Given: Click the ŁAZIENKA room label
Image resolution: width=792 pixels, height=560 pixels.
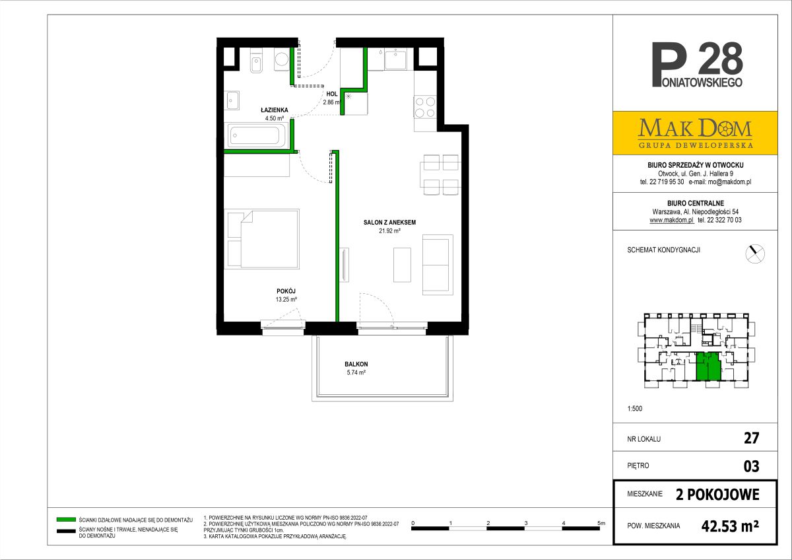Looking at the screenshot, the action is click(x=275, y=110).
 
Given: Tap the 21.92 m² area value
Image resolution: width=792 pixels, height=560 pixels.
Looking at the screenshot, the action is click(x=389, y=231).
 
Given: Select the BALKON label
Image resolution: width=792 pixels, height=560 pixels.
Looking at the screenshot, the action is click(x=356, y=364).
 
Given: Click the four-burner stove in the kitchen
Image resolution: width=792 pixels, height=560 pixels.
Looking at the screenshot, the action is click(x=425, y=107).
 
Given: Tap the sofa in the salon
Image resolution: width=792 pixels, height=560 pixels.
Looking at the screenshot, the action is click(x=438, y=265).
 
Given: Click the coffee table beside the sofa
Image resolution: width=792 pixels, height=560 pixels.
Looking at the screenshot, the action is click(x=403, y=265).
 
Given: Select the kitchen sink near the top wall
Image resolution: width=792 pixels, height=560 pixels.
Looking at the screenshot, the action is click(x=395, y=59).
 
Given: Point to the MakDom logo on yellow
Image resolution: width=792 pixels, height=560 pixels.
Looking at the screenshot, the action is click(x=695, y=133).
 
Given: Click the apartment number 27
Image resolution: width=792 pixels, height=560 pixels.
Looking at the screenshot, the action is click(x=751, y=438).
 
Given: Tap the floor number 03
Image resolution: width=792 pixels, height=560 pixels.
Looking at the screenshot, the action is click(x=751, y=466).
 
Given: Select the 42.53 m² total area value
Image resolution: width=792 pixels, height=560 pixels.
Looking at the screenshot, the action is click(x=730, y=526).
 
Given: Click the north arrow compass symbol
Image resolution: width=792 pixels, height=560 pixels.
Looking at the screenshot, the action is click(x=755, y=254).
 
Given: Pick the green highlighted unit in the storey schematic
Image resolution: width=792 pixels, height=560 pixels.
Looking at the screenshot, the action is click(x=709, y=367).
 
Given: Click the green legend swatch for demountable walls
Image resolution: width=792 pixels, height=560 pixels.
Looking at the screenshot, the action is click(x=66, y=520).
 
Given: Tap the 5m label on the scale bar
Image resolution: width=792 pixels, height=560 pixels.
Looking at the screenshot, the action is click(x=601, y=523).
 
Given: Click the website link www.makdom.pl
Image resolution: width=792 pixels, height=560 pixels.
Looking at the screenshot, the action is click(x=672, y=220).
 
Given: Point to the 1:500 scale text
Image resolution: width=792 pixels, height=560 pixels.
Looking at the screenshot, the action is click(x=635, y=409).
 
